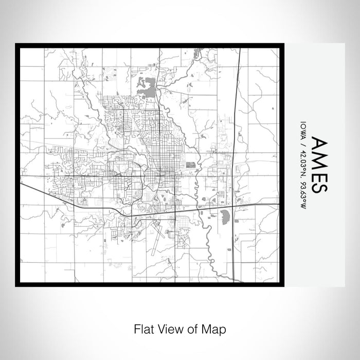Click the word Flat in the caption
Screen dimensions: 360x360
click(144, 329)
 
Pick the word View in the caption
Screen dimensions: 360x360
click(170, 329)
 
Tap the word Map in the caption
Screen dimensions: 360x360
click(216, 329)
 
